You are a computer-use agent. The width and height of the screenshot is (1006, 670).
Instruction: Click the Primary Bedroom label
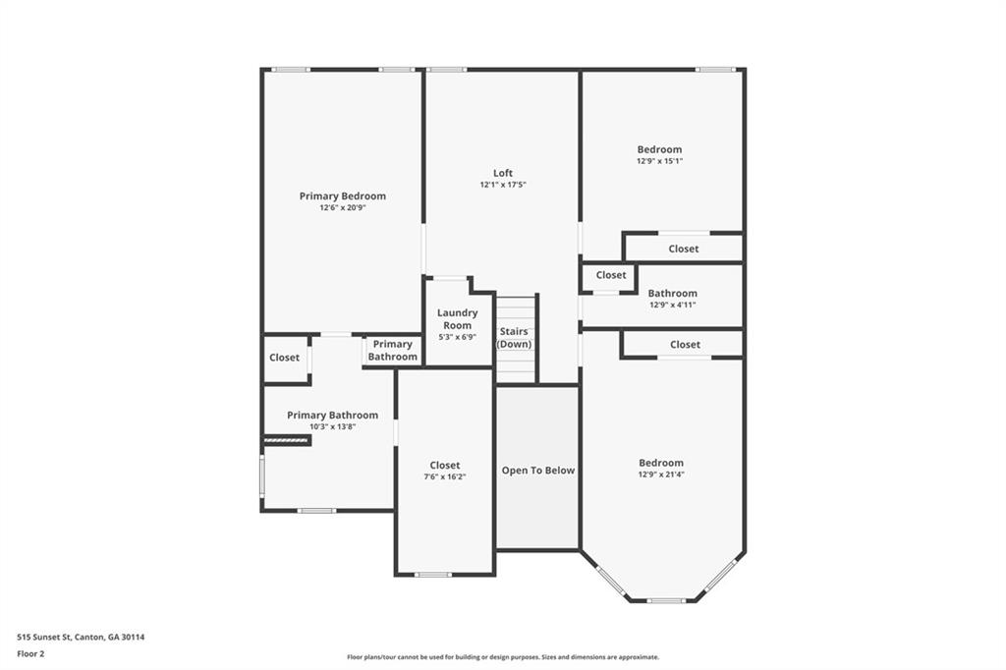click(342, 195)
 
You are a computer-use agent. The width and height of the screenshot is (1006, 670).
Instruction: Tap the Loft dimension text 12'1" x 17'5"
click(503, 185)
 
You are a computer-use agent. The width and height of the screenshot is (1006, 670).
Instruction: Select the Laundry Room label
click(457, 319)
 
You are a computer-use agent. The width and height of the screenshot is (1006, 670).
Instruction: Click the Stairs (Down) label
click(515, 338)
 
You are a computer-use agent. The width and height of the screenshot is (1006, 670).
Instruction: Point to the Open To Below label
click(538, 471)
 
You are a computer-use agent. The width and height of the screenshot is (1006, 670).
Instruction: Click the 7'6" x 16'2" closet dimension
click(444, 476)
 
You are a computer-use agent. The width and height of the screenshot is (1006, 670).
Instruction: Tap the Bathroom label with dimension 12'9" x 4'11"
click(673, 293)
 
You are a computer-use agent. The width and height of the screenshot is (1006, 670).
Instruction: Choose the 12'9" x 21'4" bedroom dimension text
click(661, 475)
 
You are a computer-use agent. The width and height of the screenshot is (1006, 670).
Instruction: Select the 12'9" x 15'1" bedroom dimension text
click(659, 161)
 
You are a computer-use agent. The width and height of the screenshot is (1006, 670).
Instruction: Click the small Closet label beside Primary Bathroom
click(284, 358)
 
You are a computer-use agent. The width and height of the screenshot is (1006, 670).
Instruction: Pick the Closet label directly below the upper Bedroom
click(684, 249)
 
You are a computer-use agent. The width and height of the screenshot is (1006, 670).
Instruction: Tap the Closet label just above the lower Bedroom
click(685, 345)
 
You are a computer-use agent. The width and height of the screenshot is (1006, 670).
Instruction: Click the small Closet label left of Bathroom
click(610, 275)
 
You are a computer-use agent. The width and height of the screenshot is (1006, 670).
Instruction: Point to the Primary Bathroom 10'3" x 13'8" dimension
click(332, 426)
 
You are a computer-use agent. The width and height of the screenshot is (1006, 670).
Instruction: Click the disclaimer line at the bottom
click(502, 657)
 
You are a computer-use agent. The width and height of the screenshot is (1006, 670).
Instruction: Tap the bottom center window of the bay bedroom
click(665, 600)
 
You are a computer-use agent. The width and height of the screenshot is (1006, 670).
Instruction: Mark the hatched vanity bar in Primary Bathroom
click(287, 441)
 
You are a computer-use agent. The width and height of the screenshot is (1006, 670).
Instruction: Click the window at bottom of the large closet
click(433, 574)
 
